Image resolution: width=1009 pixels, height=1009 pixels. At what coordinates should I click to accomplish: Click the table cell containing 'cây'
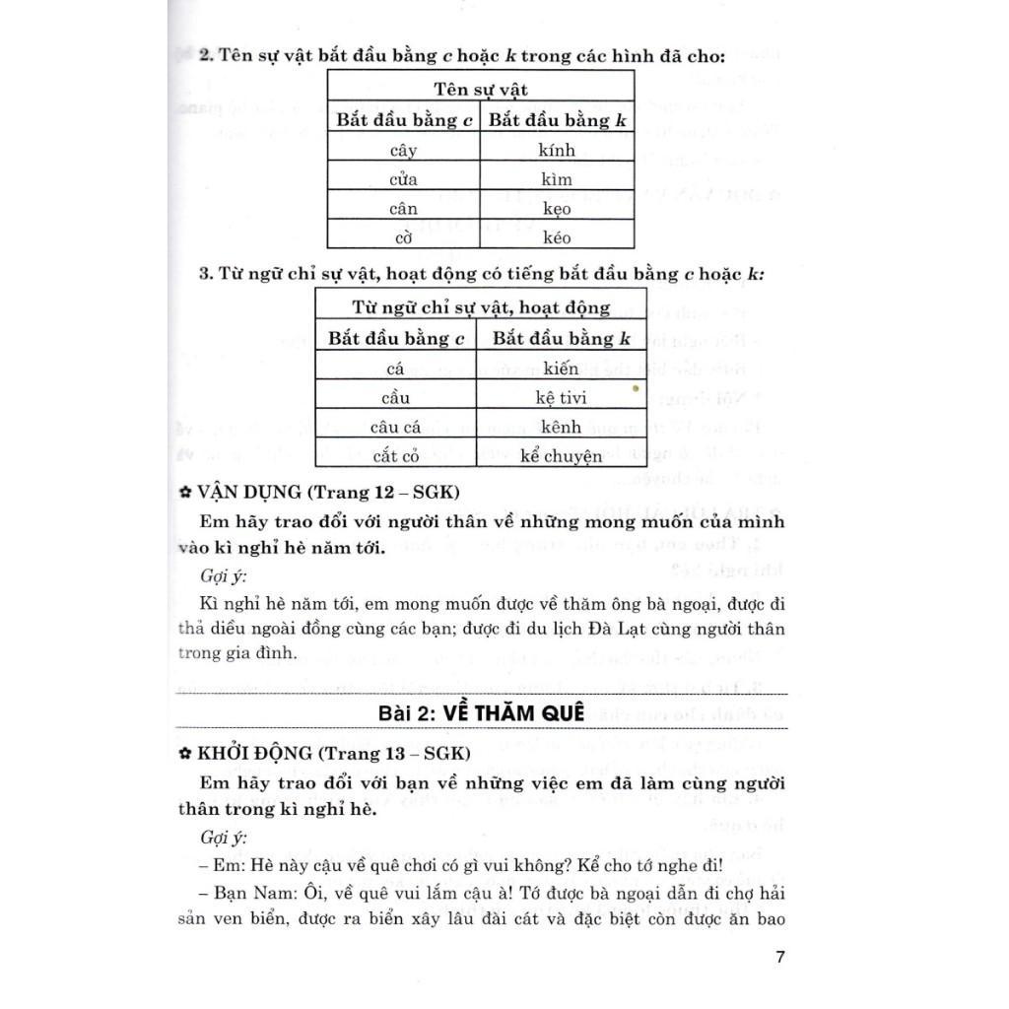coord(404,151)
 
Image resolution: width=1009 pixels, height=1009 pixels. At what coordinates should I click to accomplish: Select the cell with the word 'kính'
coord(557,151)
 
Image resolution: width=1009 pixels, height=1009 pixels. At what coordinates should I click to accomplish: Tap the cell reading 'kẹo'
coord(557,208)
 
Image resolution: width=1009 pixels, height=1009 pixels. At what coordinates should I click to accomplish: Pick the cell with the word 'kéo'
coord(557,236)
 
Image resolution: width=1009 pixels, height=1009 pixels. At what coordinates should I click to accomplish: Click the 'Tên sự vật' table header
coord(481,90)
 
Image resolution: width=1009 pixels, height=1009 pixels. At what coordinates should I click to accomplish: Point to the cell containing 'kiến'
coord(561,369)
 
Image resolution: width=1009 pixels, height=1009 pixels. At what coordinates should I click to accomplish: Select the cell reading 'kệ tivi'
coord(561,398)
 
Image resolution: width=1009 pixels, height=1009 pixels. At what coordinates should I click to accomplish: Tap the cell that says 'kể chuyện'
coord(561,456)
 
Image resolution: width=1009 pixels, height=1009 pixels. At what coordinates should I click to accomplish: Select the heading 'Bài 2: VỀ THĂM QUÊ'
coord(481,712)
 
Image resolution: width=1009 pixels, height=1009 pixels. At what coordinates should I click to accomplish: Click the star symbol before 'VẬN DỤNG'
coord(184,491)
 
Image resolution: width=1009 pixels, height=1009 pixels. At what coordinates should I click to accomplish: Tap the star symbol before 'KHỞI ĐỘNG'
coord(184,754)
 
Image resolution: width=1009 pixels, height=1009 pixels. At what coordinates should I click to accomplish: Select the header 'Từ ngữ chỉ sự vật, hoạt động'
coord(481,307)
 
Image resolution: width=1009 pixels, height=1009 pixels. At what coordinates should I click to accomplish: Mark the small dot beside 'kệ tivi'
coord(636,389)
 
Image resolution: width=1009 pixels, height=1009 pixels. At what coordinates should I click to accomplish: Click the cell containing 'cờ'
coord(404,236)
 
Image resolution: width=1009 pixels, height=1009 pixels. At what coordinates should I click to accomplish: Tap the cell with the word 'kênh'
coord(561,427)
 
